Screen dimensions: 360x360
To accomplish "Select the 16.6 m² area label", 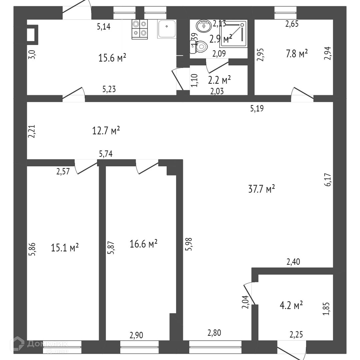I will click(x=143, y=244).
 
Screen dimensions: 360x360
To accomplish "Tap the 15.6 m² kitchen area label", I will click(x=112, y=58).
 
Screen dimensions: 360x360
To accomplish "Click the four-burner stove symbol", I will click(x=140, y=29).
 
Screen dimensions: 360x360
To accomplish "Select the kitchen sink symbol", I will click(x=167, y=29).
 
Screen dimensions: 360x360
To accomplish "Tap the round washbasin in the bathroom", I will click(x=202, y=25).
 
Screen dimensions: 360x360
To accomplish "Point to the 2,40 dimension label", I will click(x=293, y=262).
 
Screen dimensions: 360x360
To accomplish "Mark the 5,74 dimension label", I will click(x=106, y=154).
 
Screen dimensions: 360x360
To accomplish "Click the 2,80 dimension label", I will click(x=214, y=332).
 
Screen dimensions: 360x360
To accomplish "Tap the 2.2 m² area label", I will click(x=219, y=80).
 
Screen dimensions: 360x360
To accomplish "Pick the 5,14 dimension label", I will click(x=104, y=27).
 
